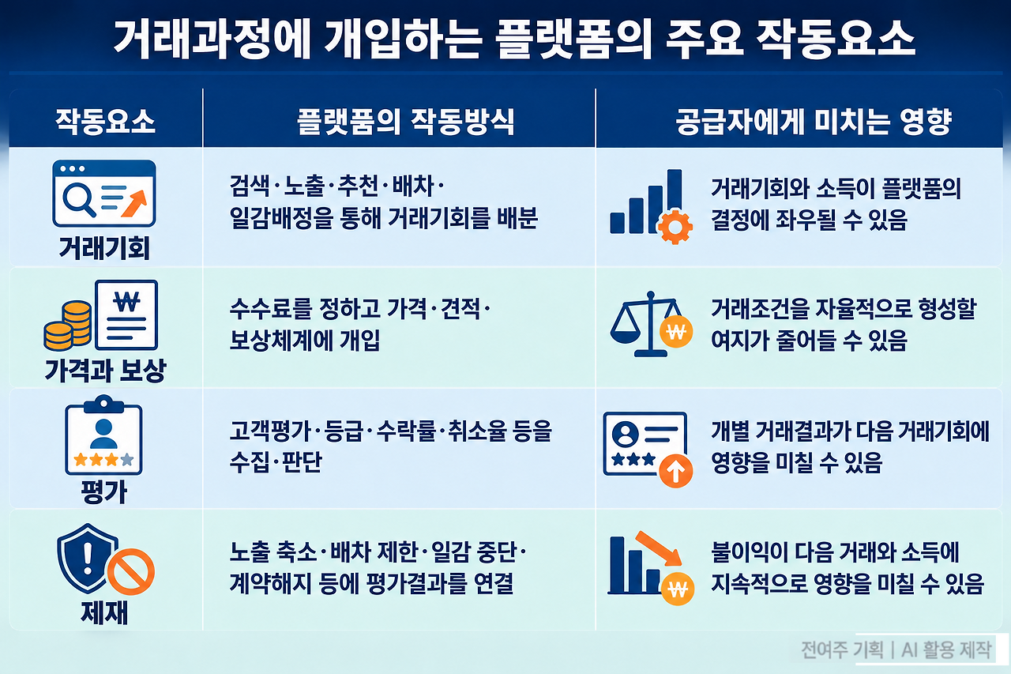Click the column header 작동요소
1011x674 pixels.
[105, 122]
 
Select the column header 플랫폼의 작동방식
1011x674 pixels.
[405, 122]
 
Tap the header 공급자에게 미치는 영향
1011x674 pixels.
[814, 122]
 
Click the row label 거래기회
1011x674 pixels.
[104, 248]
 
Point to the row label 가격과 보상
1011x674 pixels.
[105, 371]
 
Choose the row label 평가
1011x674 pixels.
[103, 491]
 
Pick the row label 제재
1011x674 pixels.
[104, 612]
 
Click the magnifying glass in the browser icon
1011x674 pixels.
[78, 199]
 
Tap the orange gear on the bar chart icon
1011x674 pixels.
[675, 227]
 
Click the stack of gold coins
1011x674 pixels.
[68, 326]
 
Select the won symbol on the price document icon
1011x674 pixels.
[127, 302]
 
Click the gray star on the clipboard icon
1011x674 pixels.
[127, 460]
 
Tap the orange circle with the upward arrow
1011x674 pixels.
[675, 471]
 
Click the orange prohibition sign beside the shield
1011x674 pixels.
[131, 571]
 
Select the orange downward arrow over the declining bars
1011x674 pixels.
[659, 548]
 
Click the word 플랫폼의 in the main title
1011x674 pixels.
[573, 40]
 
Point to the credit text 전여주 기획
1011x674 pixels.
[842, 650]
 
